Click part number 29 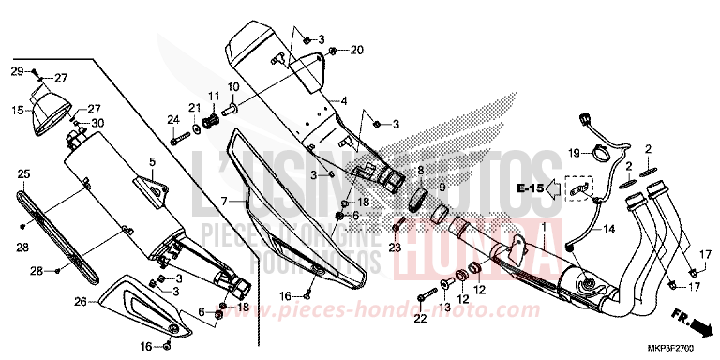click(16, 72)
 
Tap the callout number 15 click(16, 110)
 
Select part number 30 click(98, 123)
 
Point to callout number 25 click(23, 173)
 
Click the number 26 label click(80, 301)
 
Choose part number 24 click(172, 119)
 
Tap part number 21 click(194, 108)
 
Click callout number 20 click(356, 49)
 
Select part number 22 click(419, 319)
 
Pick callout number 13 click(444, 308)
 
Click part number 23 click(395, 247)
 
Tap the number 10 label click(232, 87)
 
